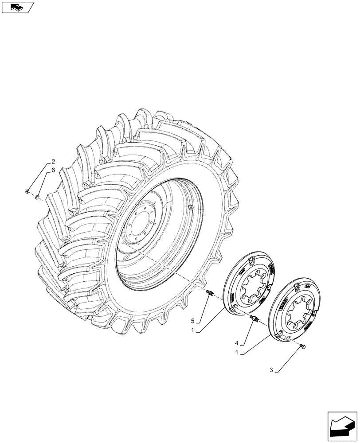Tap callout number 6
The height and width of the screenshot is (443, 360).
[53, 170]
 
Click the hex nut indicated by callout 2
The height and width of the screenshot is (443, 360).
[27, 191]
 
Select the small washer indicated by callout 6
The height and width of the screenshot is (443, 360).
[38, 196]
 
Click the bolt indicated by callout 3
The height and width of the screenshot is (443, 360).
[303, 346]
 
